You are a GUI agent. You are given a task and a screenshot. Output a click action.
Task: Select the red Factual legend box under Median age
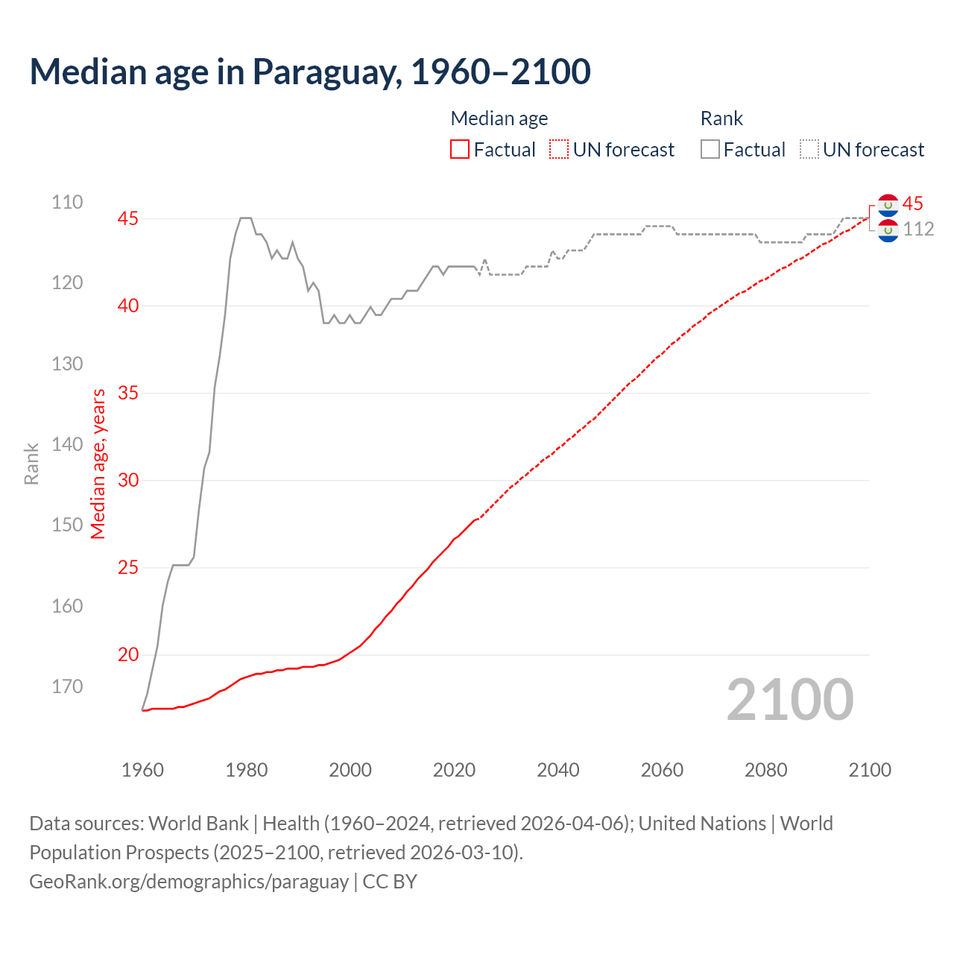tap(460, 150)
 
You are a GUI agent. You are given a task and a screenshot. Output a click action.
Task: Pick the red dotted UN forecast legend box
tap(559, 150)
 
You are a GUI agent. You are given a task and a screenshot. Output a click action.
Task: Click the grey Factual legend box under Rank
tap(710, 150)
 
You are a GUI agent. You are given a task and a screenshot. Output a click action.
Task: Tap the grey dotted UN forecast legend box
tap(809, 150)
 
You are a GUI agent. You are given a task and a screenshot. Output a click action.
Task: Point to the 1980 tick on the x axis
tap(247, 770)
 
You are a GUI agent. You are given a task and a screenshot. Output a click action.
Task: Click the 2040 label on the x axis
tap(558, 770)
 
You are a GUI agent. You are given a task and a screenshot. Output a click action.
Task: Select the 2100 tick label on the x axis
tap(870, 770)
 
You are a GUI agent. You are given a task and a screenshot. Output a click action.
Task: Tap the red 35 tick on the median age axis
tap(128, 393)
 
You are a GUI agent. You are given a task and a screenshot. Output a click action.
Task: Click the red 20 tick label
tap(128, 654)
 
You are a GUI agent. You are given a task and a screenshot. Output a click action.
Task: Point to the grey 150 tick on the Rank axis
tap(67, 525)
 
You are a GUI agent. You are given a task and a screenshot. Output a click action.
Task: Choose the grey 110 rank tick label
tap(67, 202)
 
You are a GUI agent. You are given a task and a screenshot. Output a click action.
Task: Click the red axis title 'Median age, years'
tap(98, 464)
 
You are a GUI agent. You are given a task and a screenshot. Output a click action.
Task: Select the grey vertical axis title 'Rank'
tap(31, 464)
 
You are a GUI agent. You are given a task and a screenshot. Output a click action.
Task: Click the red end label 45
tap(912, 203)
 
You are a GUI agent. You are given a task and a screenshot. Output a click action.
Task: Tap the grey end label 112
tap(918, 229)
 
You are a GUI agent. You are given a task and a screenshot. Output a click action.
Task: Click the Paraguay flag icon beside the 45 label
tap(888, 205)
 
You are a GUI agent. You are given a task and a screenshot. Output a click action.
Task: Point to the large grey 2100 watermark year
tap(790, 700)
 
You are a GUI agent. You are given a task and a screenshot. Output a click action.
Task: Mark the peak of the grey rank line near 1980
tap(245, 218)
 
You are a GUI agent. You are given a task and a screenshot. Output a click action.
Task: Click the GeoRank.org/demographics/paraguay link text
tap(189, 882)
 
